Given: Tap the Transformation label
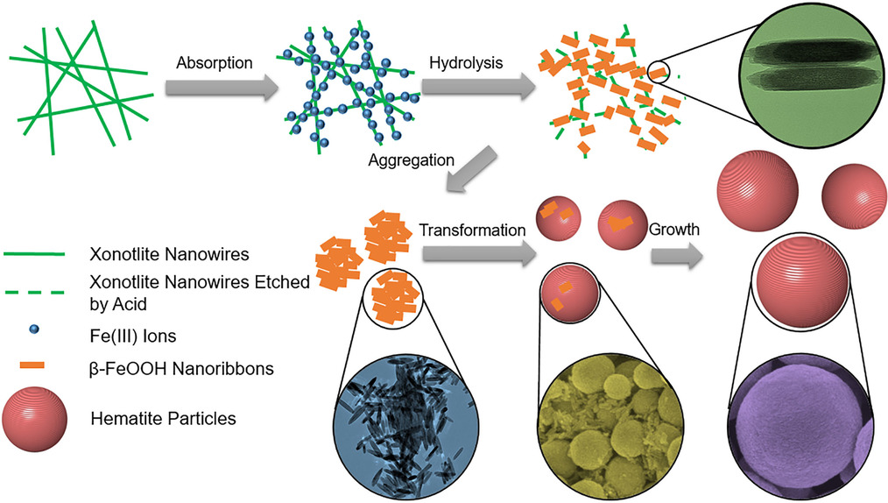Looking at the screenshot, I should (x=472, y=230).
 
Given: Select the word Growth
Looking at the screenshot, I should (x=673, y=230).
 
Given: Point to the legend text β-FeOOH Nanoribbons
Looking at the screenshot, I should (x=182, y=370).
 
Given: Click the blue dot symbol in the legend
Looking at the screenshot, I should (x=34, y=332).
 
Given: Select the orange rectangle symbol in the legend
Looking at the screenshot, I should (x=34, y=363).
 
